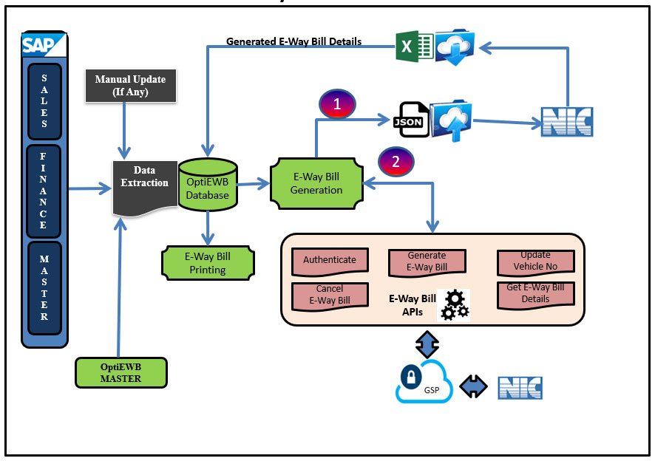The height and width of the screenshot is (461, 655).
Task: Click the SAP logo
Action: pyautogui.click(x=44, y=45)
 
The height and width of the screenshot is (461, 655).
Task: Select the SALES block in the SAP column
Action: pyautogui.click(x=44, y=101)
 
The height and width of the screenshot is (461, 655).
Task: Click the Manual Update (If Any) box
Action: pyautogui.click(x=131, y=85)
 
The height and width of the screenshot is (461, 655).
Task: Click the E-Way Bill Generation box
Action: pyautogui.click(x=316, y=183)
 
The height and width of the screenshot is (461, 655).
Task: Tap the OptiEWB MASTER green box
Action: pyautogui.click(x=121, y=372)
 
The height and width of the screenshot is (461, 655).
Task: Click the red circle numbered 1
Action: pyautogui.click(x=337, y=104)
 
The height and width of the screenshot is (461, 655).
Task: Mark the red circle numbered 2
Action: pyautogui.click(x=396, y=162)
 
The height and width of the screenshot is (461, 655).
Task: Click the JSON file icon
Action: pyautogui.click(x=411, y=118)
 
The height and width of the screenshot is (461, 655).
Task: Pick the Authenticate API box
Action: pyautogui.click(x=329, y=259)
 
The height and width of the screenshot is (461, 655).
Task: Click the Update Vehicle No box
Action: pyautogui.click(x=535, y=260)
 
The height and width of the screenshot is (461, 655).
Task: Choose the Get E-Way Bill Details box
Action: pyautogui.click(x=535, y=293)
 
